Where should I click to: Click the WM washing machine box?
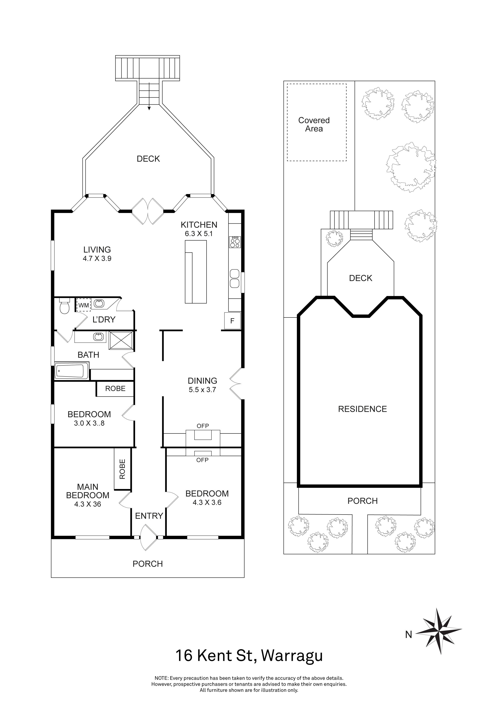pyautogui.click(x=84, y=305)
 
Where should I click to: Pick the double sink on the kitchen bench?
pyautogui.click(x=235, y=278)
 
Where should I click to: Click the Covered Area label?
pyautogui.click(x=314, y=124)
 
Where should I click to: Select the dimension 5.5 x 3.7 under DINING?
pyautogui.click(x=202, y=390)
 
